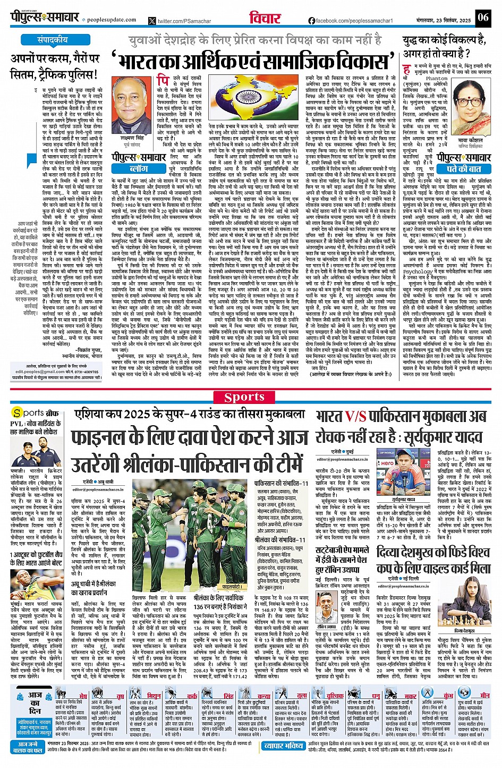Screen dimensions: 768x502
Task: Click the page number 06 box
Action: pyautogui.click(x=482, y=18)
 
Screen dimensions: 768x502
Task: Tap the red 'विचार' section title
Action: pyautogui.click(x=265, y=18)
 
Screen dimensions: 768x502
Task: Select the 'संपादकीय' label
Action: pyautogui.click(x=52, y=40)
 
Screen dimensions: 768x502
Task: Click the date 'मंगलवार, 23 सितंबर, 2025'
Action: pyautogui.click(x=437, y=20)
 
